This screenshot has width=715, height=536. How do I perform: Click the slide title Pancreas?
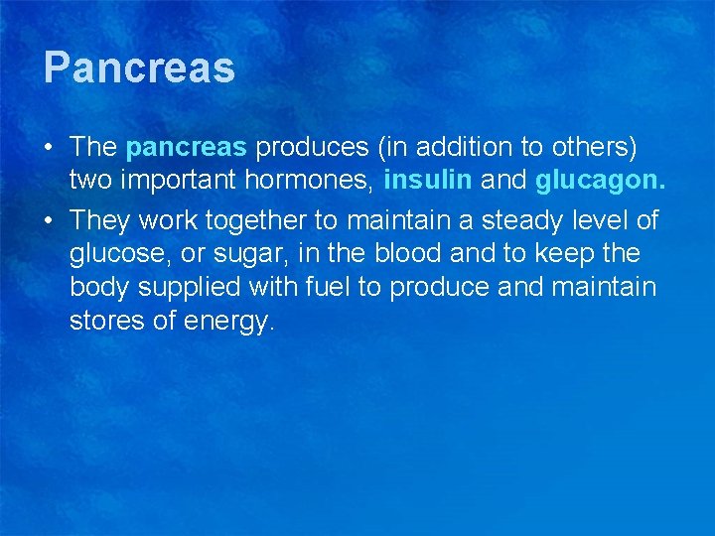point(139,68)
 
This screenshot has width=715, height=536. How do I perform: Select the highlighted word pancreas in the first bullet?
point(187,148)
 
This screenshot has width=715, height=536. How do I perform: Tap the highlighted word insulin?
point(428,182)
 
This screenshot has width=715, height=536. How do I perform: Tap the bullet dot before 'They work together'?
point(49,218)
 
